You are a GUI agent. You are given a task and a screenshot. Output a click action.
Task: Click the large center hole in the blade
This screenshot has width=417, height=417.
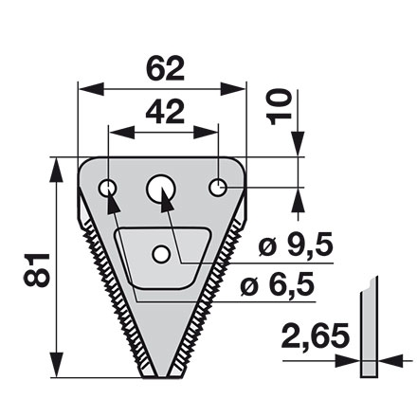(x=161, y=190)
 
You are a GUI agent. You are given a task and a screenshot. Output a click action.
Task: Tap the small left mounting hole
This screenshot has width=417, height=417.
(x=109, y=189)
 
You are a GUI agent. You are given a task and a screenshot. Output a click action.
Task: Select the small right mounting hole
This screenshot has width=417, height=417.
(x=219, y=187)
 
